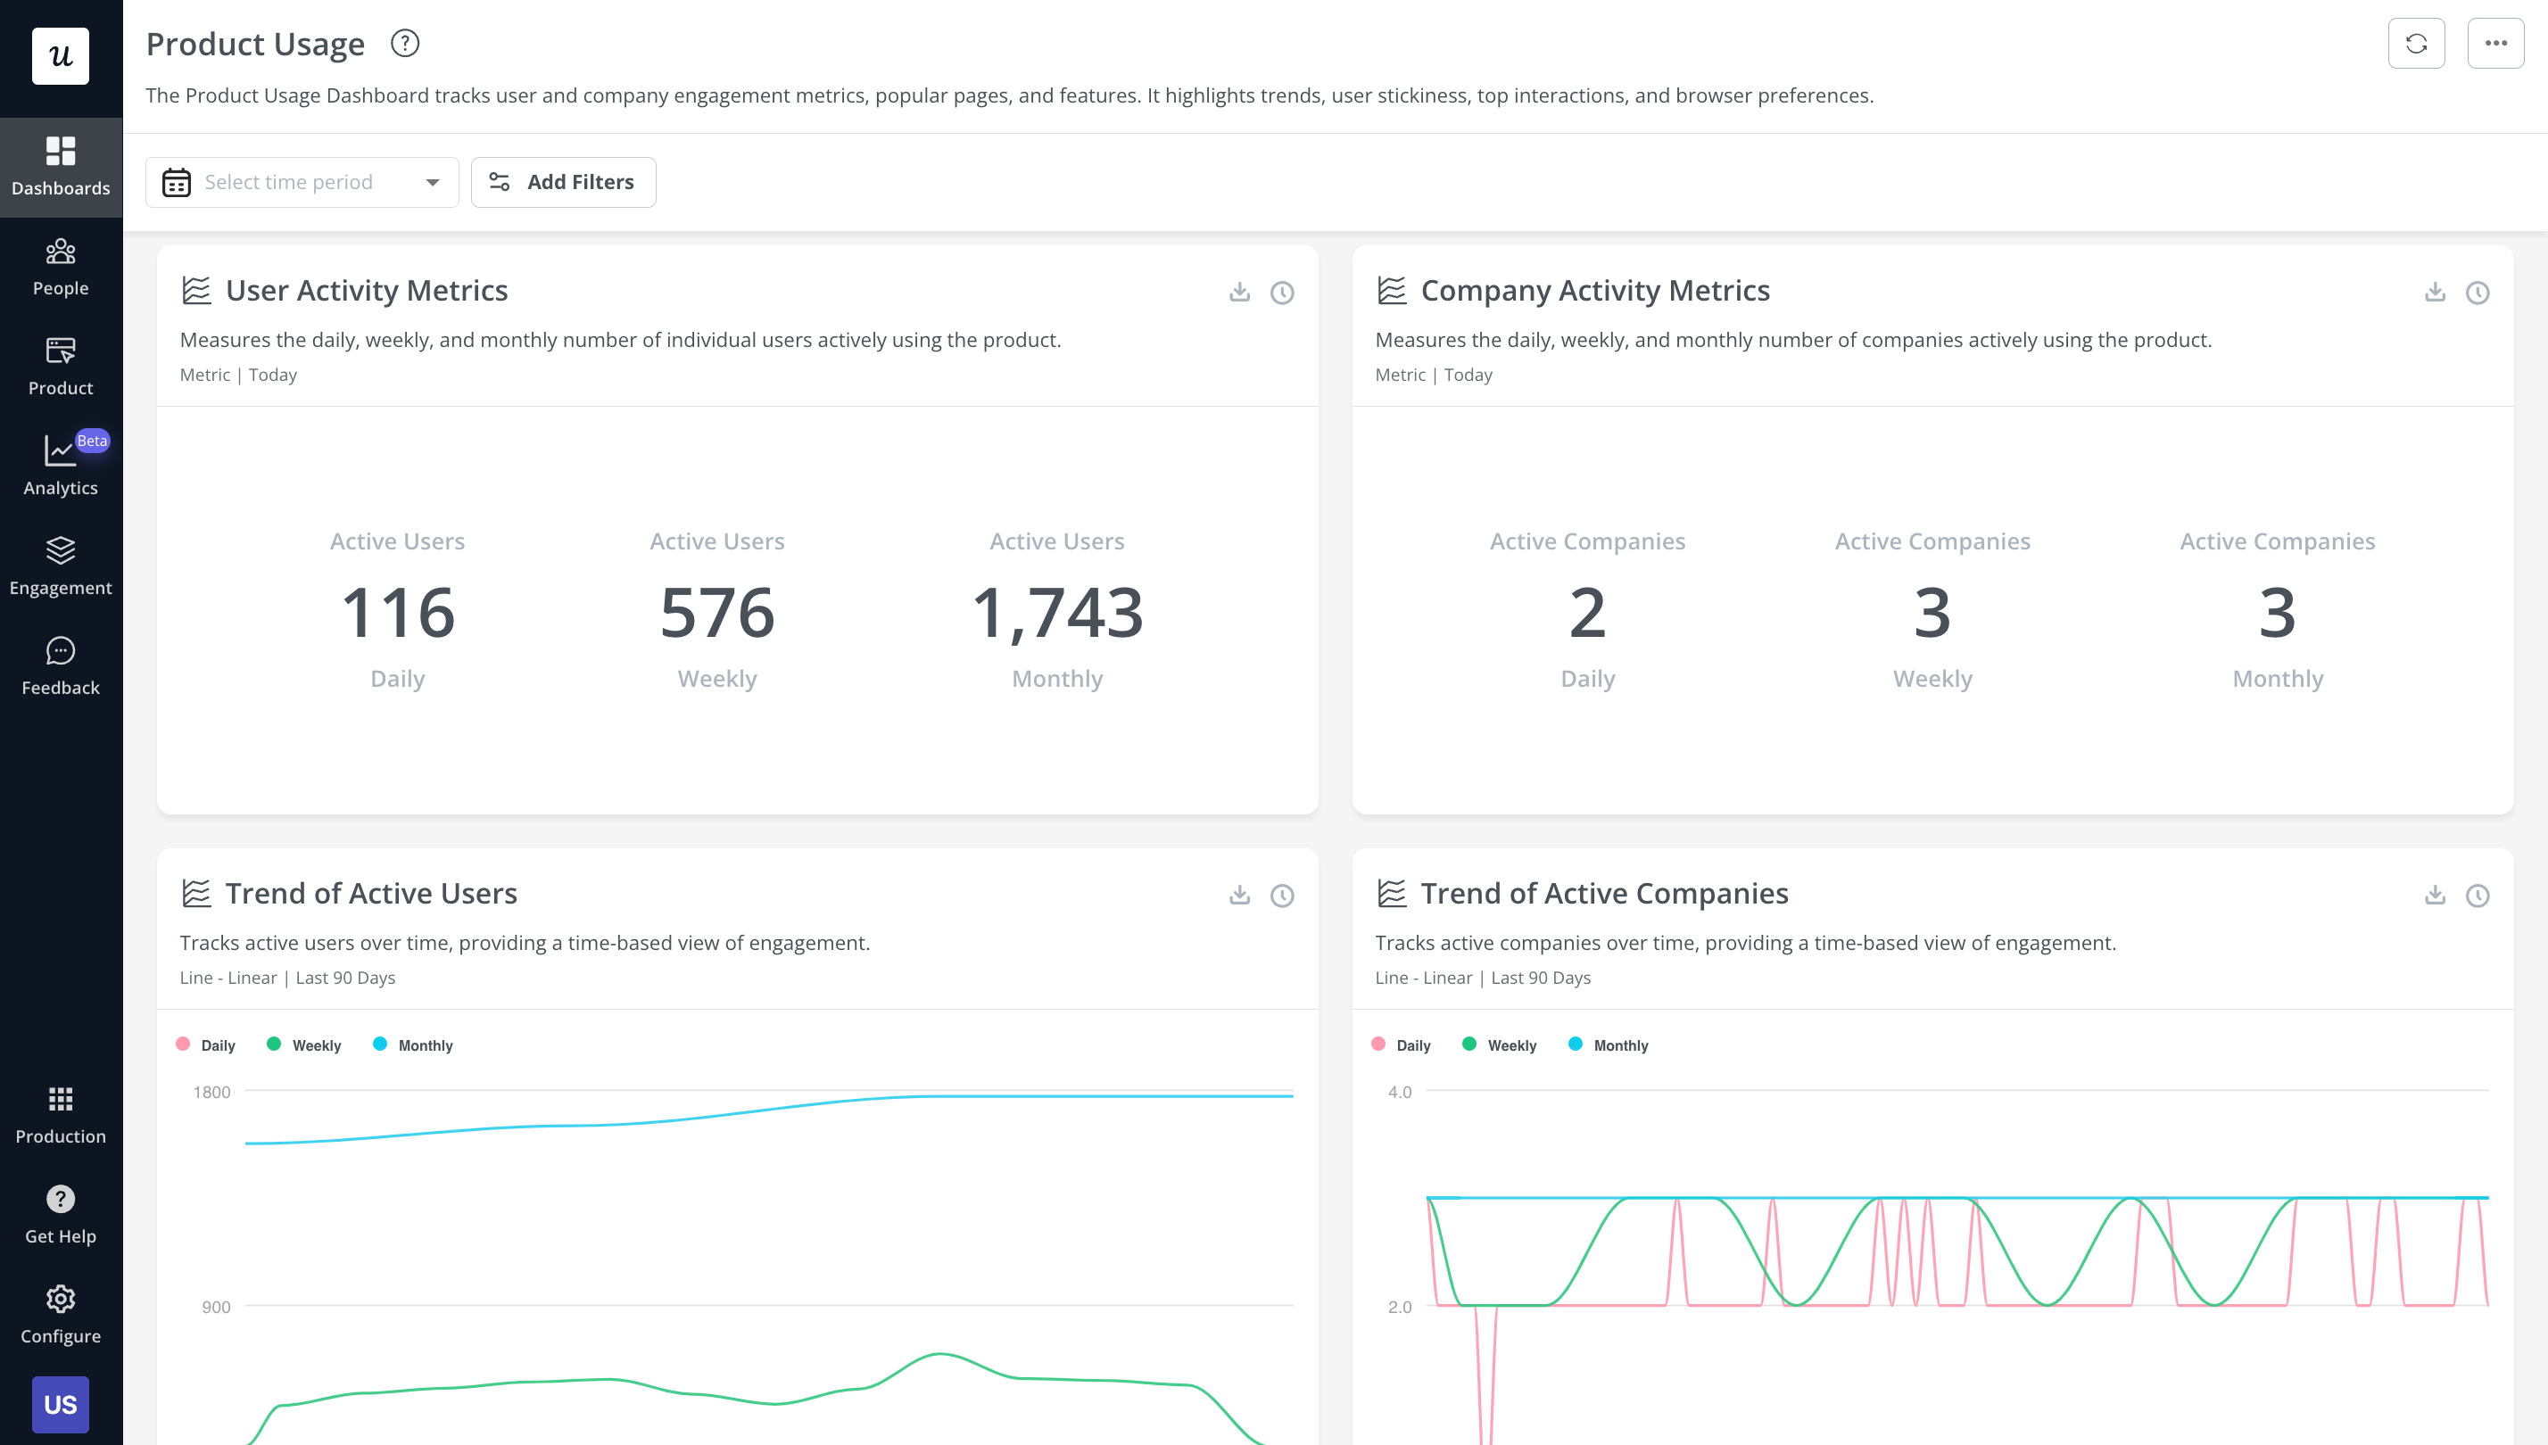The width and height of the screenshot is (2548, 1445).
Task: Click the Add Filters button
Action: pyautogui.click(x=563, y=182)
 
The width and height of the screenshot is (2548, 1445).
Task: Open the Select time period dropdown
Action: pyautogui.click(x=302, y=182)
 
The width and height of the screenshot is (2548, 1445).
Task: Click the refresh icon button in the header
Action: pyautogui.click(x=2415, y=44)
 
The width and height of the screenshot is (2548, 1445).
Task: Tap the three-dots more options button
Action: pyautogui.click(x=2494, y=44)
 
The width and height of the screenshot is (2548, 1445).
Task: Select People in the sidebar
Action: pyautogui.click(x=61, y=267)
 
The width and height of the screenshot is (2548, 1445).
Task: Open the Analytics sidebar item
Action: pyautogui.click(x=61, y=465)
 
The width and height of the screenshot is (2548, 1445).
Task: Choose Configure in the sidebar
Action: pyautogui.click(x=61, y=1314)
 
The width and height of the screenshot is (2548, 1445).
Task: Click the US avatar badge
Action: pyautogui.click(x=61, y=1403)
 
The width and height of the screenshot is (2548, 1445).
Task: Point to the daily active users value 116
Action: pyautogui.click(x=398, y=611)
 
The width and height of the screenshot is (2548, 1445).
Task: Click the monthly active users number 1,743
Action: pyautogui.click(x=1056, y=611)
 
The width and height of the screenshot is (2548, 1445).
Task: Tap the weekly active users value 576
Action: pyautogui.click(x=716, y=611)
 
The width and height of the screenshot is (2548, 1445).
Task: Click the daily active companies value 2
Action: pyautogui.click(x=1586, y=611)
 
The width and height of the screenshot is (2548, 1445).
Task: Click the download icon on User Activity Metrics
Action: pyautogui.click(x=1239, y=292)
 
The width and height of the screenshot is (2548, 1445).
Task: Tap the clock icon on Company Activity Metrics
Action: pyautogui.click(x=2477, y=292)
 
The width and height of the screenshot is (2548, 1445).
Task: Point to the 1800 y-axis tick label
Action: pyautogui.click(x=211, y=1092)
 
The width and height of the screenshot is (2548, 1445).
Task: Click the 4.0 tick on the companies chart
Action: pyautogui.click(x=1399, y=1092)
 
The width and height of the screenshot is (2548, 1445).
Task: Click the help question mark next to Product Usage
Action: pyautogui.click(x=405, y=44)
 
